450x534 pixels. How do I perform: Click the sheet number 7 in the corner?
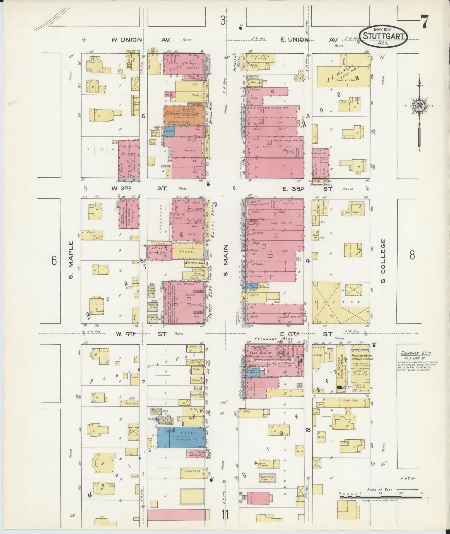coord(424,22)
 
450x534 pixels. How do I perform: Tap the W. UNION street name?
coord(127,40)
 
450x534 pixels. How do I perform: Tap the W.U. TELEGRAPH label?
coord(194,263)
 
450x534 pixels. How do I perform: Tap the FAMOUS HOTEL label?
coord(321,185)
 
